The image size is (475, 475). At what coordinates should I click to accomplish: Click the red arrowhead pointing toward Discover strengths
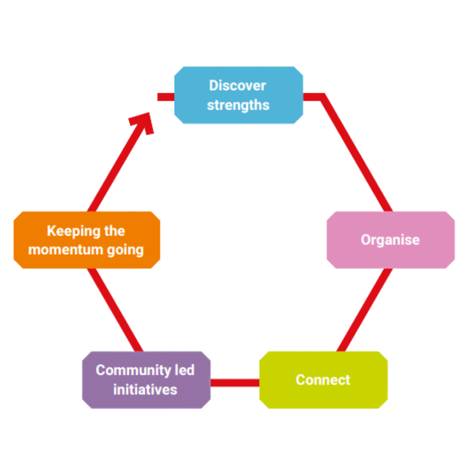(x=143, y=122)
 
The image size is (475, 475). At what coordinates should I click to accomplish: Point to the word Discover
(x=237, y=85)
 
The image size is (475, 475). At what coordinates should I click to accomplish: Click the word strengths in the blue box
(x=238, y=105)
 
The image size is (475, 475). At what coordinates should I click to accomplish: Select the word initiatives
(x=145, y=389)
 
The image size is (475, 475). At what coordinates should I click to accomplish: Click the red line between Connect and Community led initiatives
(x=234, y=383)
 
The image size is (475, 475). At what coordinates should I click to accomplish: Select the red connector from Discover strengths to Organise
(x=356, y=152)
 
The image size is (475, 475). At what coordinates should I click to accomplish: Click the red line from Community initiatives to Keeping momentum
(x=116, y=310)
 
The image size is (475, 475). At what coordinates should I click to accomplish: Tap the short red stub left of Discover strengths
(x=165, y=97)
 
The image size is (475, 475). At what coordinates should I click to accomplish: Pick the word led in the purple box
(x=185, y=370)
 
